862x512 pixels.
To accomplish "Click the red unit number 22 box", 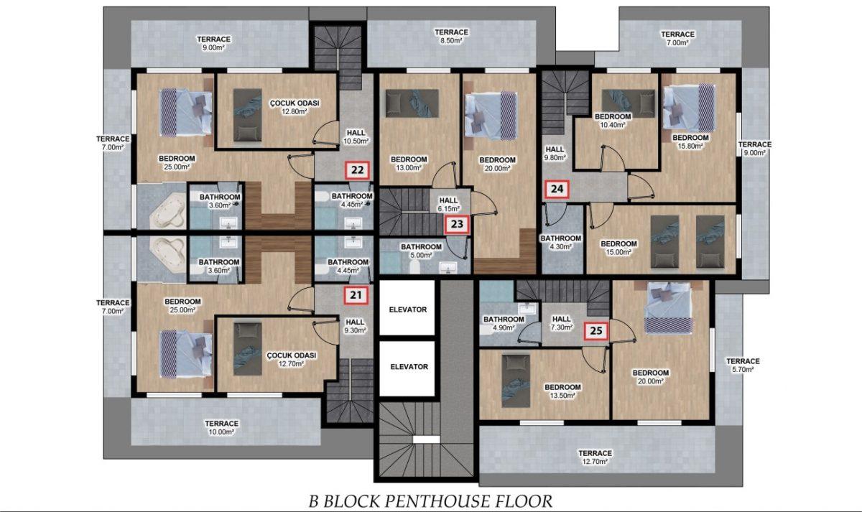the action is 358,170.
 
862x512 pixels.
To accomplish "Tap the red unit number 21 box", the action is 356,295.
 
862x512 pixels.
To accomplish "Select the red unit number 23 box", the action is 457,224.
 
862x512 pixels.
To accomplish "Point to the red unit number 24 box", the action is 557,189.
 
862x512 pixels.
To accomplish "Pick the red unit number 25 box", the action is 596,330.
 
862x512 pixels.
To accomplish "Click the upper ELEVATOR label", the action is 408,309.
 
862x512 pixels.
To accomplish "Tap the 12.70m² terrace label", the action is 595,457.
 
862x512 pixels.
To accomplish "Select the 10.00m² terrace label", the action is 221,427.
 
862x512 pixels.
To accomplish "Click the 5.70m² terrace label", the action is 743,366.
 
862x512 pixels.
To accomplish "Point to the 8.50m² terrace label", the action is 451,36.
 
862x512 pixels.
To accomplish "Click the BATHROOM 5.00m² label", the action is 421,251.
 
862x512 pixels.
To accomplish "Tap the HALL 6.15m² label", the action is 448,205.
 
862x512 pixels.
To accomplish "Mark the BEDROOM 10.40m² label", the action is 613,121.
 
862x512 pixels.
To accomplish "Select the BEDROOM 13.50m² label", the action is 562,391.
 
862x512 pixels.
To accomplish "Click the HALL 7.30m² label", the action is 562,323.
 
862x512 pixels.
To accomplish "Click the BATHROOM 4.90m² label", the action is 504,324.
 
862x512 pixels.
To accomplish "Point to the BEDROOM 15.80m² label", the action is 690,141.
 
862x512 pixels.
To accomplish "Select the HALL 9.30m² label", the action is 354,326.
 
